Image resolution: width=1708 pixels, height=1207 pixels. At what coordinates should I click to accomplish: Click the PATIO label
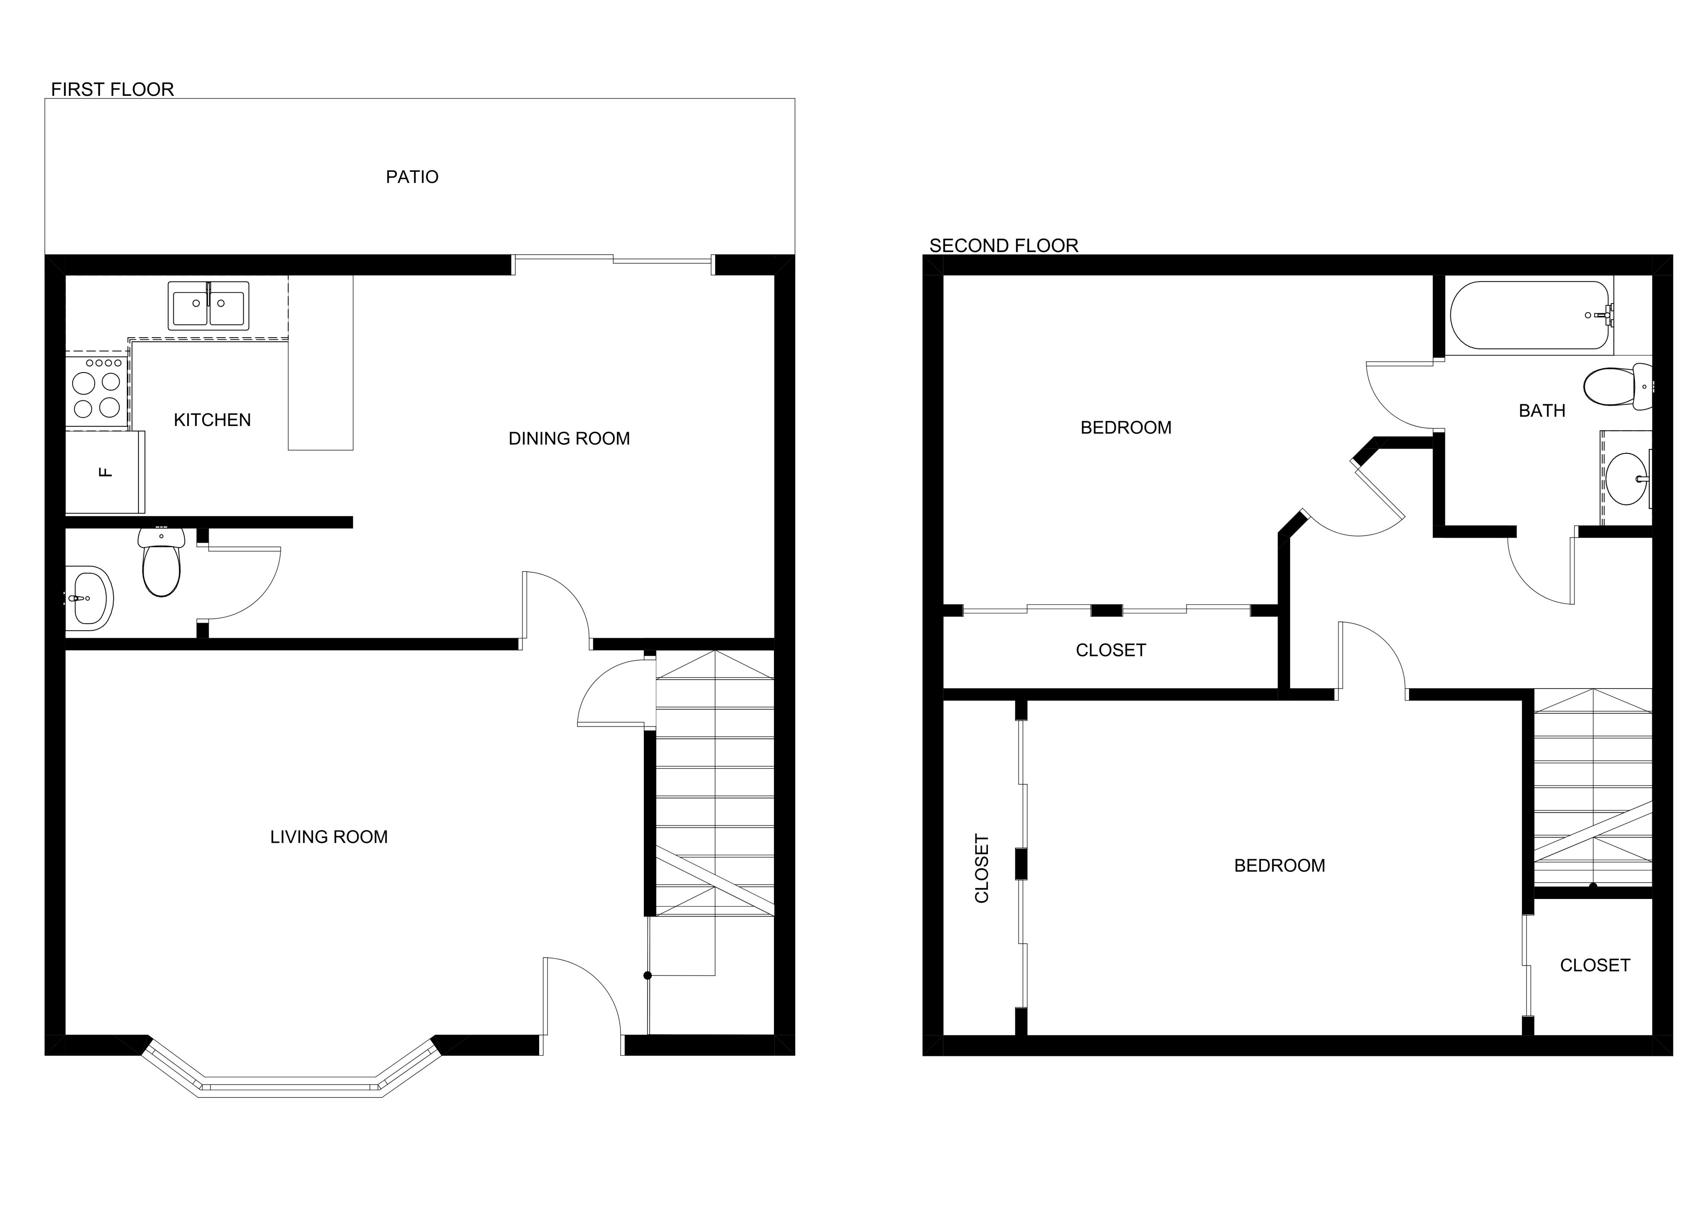pos(412,177)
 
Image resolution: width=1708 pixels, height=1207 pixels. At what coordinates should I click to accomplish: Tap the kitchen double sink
pos(208,305)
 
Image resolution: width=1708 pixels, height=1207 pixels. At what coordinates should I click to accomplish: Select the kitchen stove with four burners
pos(97,391)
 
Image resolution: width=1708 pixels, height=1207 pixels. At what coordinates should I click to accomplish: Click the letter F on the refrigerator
pos(105,471)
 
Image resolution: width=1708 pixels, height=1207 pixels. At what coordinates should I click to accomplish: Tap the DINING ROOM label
pos(569,439)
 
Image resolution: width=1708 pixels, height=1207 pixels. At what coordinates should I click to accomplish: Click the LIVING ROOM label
pos(329,837)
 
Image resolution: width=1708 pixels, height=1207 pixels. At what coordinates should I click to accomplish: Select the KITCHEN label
pos(212,420)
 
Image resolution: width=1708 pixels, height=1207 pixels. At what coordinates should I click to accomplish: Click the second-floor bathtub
pos(1531,316)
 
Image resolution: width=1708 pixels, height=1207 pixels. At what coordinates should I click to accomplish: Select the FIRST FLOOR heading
pos(112,90)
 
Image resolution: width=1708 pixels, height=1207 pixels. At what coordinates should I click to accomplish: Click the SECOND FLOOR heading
pos(1004,246)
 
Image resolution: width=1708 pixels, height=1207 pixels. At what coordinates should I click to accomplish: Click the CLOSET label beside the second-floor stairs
pos(1595,965)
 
